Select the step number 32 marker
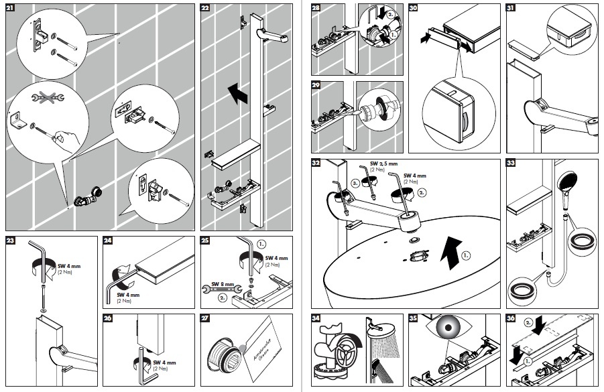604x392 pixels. [316, 162]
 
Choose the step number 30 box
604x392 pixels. [414, 9]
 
